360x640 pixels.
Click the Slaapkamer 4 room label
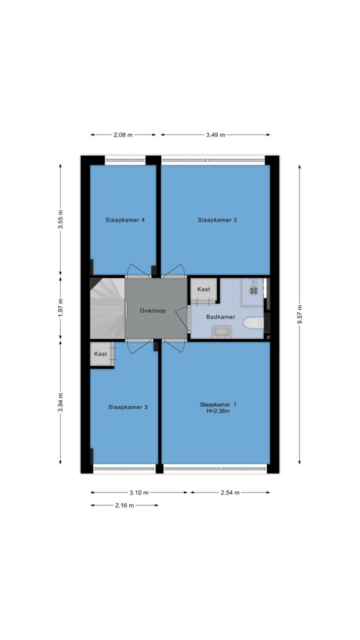pos(125,220)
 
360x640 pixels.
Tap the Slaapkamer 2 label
pos(217,220)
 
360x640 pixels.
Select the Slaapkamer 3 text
pos(127,407)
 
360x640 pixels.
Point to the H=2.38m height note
pos(218,411)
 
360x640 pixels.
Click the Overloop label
pos(152,311)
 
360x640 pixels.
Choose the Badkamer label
pos(220,317)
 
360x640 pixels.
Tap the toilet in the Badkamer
pos(254,324)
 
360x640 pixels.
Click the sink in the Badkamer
pos(221,332)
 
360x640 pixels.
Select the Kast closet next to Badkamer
pos(204,290)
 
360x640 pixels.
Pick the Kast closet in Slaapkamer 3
pos(102,354)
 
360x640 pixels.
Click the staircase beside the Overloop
pos(107,309)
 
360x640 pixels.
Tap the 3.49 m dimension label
pos(216,135)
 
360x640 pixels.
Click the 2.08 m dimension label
pos(123,135)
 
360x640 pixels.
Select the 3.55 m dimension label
pos(61,219)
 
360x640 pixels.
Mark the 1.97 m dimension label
pos(61,309)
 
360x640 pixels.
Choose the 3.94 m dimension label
pos(61,402)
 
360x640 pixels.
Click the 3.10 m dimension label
pos(139,492)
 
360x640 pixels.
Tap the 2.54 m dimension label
pos(230,492)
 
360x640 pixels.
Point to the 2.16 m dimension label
pos(124,505)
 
